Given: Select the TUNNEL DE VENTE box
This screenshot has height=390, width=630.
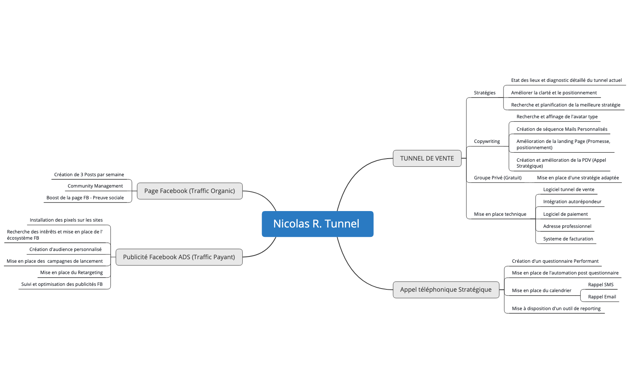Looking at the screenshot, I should coord(427,159).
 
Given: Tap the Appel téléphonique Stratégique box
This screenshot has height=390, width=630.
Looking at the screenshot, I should coord(446,290).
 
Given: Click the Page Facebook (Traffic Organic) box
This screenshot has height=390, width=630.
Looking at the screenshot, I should coord(190,191).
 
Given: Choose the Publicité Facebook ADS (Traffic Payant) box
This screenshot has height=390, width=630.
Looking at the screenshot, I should coord(179,257).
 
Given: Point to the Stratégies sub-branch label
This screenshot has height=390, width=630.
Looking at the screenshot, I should coord(484,93).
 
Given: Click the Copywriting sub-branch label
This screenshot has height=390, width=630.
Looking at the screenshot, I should coord(487,141).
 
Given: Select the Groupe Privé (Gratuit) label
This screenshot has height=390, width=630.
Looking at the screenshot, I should coord(497,178).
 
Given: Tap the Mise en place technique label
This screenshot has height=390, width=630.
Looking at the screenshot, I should coord(500,214).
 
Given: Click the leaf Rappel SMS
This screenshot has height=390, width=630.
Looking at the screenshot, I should coord(600,285).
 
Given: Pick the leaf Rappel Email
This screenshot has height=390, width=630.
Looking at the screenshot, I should coord(601,297).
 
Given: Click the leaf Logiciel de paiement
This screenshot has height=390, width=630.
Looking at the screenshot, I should coord(565,214).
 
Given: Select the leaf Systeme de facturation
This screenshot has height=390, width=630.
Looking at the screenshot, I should coord(568,239).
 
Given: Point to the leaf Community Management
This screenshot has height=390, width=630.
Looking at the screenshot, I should coord(95,186).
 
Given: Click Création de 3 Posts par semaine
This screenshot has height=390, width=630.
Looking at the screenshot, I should coord(89,175).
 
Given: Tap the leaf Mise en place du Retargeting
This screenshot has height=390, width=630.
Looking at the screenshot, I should coord(71,273).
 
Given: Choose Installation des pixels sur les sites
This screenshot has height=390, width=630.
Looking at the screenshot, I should coord(66,220).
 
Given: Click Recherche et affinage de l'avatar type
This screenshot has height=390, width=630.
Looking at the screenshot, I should coord(556,117).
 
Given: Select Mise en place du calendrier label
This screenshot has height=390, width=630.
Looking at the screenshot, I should coord(541,291).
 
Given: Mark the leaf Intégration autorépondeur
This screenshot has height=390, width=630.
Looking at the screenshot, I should coord(572,202).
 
